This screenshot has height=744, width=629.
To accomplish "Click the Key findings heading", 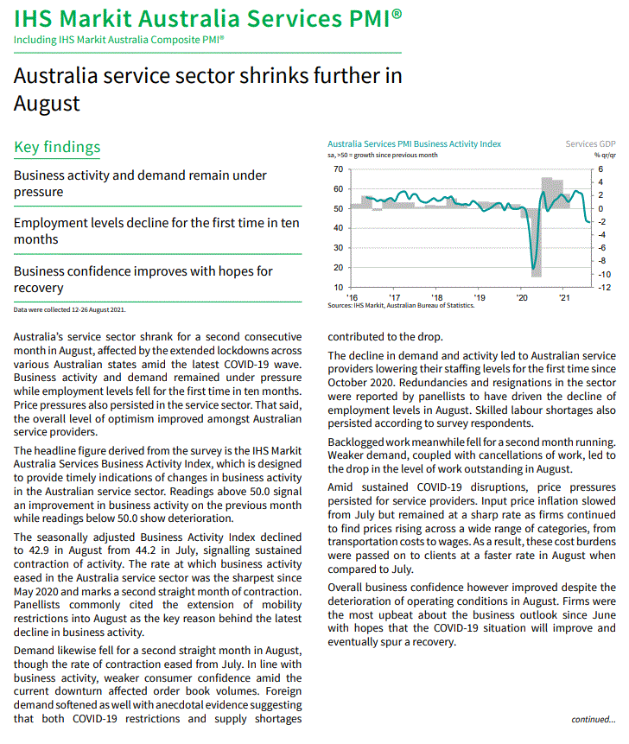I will (57, 147).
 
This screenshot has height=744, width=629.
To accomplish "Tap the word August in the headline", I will (47, 104).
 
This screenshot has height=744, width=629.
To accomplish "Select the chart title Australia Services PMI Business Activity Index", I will (414, 144).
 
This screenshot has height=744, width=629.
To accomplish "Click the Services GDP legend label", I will (591, 144).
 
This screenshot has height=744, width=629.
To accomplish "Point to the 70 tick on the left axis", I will (338, 169).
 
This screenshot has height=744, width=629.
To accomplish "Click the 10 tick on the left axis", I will (338, 287).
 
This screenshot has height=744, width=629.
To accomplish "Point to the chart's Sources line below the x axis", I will (401, 305).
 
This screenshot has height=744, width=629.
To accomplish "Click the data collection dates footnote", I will (69, 309).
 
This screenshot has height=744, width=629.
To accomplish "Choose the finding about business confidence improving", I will (143, 279).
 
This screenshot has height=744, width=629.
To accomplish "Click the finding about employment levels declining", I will (156, 231).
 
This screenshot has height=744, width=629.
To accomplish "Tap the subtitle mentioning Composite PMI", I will (119, 40).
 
